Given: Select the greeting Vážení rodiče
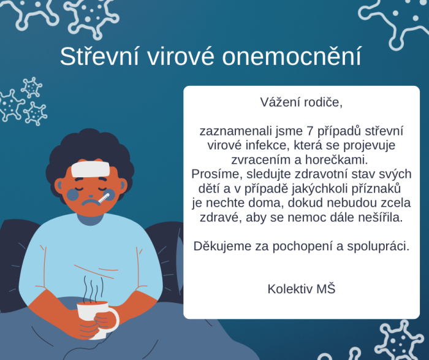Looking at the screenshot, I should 302,102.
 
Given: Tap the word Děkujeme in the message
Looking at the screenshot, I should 219,247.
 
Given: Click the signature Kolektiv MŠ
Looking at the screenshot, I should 302,288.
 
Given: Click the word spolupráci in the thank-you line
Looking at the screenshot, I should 379,247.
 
